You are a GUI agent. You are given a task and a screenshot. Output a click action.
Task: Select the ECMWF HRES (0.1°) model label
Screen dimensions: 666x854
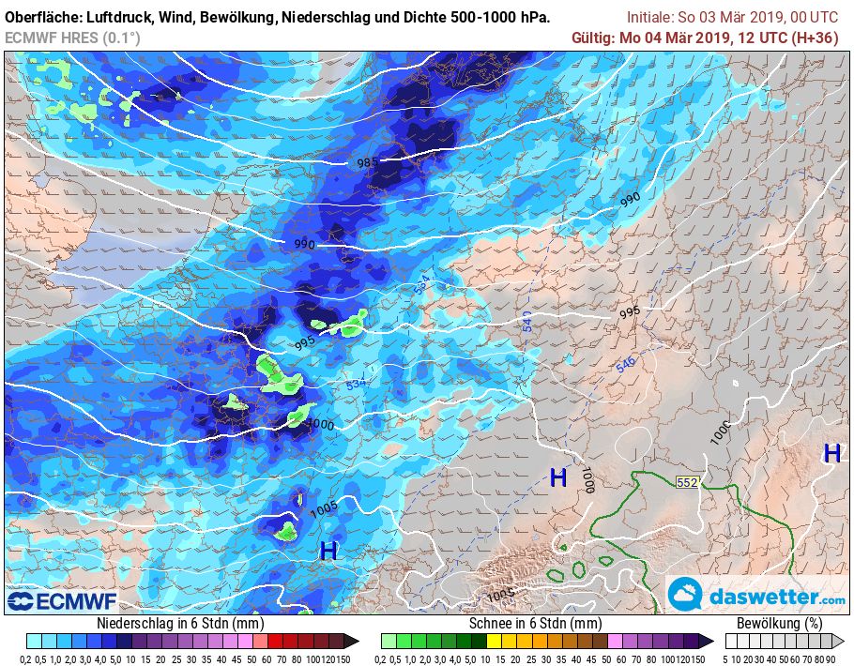coord(72,38)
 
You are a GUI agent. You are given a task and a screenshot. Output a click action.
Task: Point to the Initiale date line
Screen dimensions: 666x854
coord(732,18)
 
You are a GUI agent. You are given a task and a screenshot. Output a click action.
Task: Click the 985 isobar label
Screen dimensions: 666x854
coord(368,162)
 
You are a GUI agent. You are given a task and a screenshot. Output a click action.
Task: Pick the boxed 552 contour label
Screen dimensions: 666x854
coord(687,482)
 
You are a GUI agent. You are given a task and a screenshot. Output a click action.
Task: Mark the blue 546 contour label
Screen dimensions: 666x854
coord(625,364)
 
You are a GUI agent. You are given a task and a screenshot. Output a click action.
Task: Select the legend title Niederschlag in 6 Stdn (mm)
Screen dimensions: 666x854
coord(180,623)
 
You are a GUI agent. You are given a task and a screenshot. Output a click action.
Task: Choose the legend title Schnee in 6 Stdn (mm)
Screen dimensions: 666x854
coord(535,623)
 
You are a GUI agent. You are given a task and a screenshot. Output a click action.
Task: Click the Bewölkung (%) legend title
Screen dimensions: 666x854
coord(779,623)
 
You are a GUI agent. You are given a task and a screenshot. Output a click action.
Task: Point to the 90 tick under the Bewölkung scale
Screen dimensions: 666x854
coord(831,659)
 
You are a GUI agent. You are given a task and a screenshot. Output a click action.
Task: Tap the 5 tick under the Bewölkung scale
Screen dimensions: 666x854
coord(726,659)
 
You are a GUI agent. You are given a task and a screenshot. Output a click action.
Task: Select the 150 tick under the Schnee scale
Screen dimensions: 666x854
coord(698,659)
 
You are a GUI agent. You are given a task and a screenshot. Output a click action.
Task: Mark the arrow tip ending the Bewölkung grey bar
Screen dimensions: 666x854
coord(843,642)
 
